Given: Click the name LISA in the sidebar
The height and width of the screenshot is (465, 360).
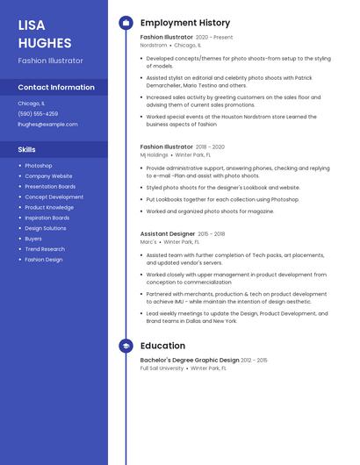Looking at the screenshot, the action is point(32,25).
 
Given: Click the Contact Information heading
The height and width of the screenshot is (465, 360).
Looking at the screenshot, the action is point(56,87).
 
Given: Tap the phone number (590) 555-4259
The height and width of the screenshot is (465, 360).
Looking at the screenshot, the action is point(38,113).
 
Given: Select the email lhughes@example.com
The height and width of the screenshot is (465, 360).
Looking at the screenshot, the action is point(47,124).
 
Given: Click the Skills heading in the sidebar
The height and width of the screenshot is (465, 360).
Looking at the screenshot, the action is point(26,149).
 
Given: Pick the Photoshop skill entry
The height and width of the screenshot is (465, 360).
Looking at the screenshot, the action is point(39,166).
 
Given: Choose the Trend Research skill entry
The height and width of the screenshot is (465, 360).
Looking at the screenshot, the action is point(45,249).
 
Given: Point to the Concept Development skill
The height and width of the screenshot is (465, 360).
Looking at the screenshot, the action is point(54,197).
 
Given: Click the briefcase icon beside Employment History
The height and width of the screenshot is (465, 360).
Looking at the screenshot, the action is point(126,23).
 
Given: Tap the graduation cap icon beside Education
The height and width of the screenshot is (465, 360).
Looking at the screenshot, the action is point(126,346).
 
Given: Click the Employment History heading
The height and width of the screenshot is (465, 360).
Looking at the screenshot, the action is point(185,23).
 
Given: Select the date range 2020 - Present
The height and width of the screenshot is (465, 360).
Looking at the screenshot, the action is point(215,38).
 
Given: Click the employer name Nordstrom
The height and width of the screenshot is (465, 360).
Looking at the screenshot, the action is point(154,45).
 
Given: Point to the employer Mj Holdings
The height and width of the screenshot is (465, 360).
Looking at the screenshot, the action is point(155,154).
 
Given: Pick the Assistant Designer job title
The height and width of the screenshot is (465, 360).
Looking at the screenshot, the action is point(168,234).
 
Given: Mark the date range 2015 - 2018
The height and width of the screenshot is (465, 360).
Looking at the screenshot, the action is point(212,234).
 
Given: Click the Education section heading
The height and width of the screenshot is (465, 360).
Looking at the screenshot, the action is point(162,346).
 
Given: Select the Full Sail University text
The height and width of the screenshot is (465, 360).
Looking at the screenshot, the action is point(162,368).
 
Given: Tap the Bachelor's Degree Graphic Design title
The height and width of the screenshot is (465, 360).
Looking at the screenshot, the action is point(190,360).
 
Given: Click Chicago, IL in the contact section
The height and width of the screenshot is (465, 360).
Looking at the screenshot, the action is point(31,103).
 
